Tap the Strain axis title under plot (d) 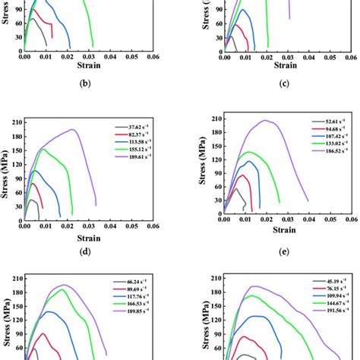coord(90,236)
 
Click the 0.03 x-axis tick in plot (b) coord(89,56)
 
